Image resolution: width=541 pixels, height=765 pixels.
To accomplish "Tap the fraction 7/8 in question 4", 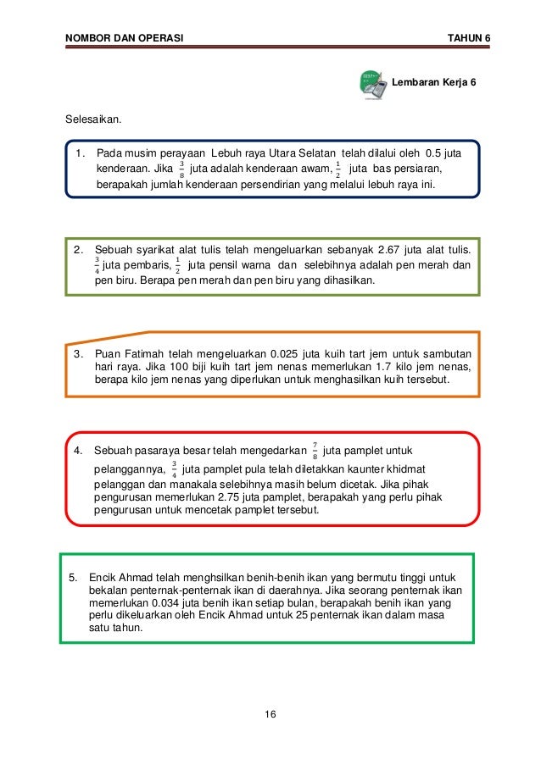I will tap(314, 449).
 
